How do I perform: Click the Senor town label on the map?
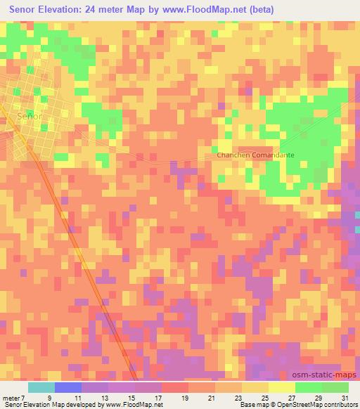pos(30,116)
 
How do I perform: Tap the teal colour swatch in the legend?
pos(41,387)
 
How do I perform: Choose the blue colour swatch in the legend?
pos(68,387)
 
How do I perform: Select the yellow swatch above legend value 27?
pos(281,387)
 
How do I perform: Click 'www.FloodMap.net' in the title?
pos(215,9)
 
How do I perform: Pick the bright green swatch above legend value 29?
pos(308,387)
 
